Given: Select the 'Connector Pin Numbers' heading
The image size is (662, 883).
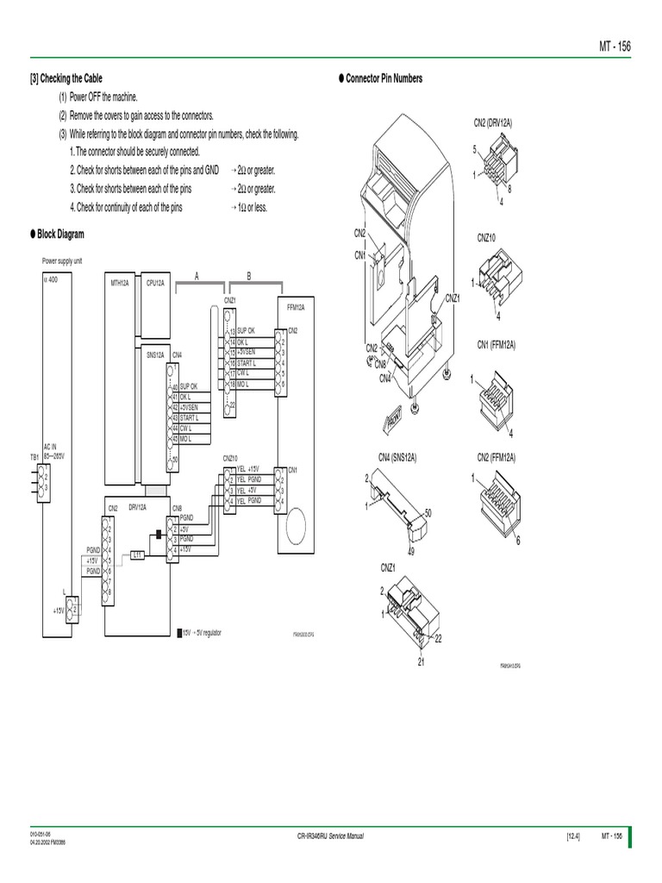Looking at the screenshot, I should (384, 78).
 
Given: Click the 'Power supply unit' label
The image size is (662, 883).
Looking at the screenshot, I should (62, 260).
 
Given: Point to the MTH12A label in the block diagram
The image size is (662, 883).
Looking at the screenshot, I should (119, 282).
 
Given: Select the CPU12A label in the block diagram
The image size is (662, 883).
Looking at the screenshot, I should (155, 282).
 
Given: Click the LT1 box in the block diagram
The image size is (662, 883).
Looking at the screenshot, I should (137, 555).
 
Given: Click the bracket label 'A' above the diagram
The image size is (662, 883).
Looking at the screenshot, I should (197, 276).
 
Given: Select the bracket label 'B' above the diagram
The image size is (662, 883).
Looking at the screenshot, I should (249, 276).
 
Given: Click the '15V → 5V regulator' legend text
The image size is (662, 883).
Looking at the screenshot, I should (202, 632).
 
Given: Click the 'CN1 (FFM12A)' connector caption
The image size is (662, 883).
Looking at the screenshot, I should (496, 344).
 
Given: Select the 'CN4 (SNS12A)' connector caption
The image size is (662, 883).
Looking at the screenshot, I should (397, 457).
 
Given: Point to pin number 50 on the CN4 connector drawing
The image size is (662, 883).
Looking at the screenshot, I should (428, 513).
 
